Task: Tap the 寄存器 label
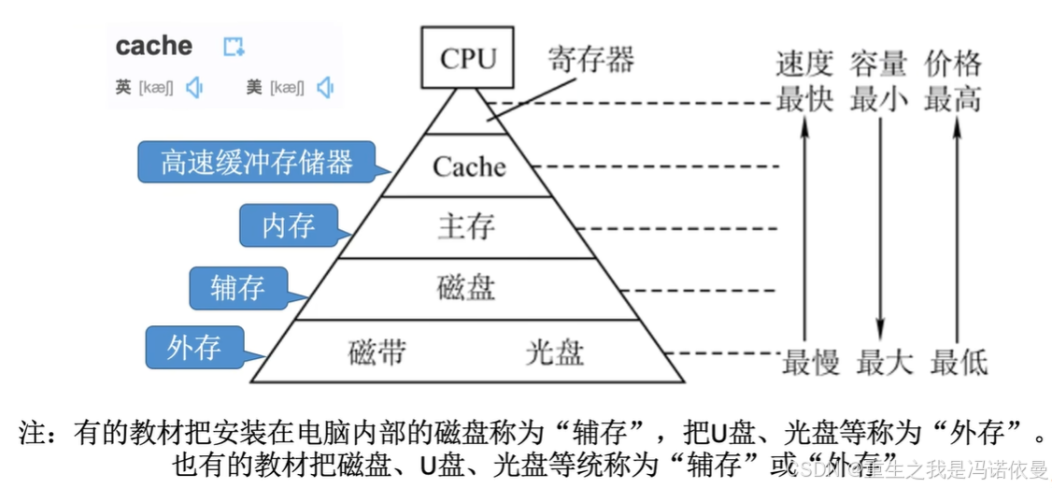[x=590, y=60]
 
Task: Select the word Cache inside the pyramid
[x=469, y=166]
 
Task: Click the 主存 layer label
[x=466, y=226]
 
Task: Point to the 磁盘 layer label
[x=466, y=287]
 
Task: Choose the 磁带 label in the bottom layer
[x=377, y=352]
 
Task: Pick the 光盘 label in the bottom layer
[x=554, y=352]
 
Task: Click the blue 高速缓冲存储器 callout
[x=256, y=162]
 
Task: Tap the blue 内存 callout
[x=288, y=225]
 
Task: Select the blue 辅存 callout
[x=238, y=287]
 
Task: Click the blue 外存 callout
[x=194, y=347]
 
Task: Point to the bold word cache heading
[x=153, y=46]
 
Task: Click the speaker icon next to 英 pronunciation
[x=194, y=88]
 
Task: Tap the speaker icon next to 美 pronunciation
[x=325, y=88]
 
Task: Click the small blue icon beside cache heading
[x=234, y=47]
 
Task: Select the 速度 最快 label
[x=803, y=81]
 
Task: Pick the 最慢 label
[x=810, y=362]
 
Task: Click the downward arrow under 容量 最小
[x=880, y=234]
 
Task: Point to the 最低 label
[x=959, y=362]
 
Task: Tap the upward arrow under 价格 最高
[x=955, y=234]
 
